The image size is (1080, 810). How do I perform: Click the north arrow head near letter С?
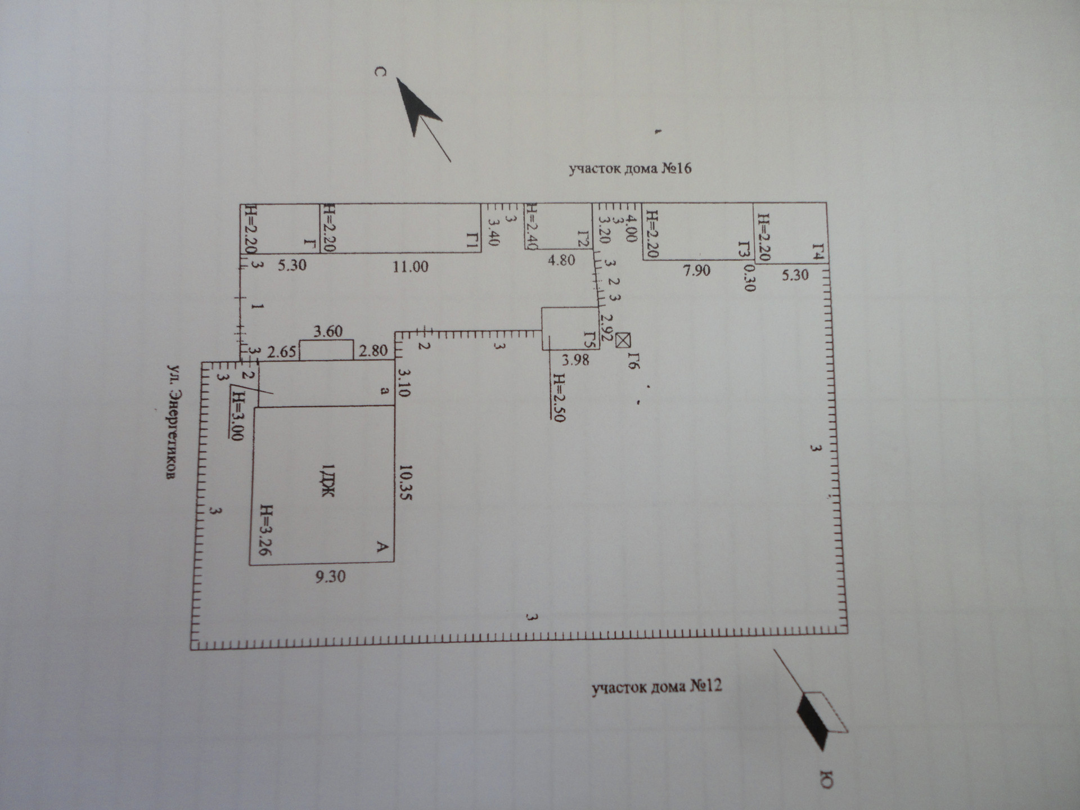point(416,107)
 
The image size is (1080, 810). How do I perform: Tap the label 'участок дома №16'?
point(629,169)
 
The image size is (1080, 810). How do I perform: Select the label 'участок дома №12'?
point(656,687)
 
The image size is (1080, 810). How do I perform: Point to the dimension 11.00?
point(410,267)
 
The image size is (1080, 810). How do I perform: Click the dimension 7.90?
point(696,271)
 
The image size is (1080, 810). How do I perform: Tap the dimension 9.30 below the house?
point(330,577)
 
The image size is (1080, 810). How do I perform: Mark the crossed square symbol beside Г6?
point(623,340)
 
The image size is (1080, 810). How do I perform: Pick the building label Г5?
point(589,339)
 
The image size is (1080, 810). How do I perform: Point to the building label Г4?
point(820,251)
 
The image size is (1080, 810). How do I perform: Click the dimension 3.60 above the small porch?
point(328,331)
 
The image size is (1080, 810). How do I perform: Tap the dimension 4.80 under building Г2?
point(561,260)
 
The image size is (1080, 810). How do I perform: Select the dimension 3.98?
point(575,360)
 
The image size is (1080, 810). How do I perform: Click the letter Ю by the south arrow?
point(826,779)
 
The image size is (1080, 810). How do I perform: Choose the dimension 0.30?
point(749,278)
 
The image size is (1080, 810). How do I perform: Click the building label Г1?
point(472,242)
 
